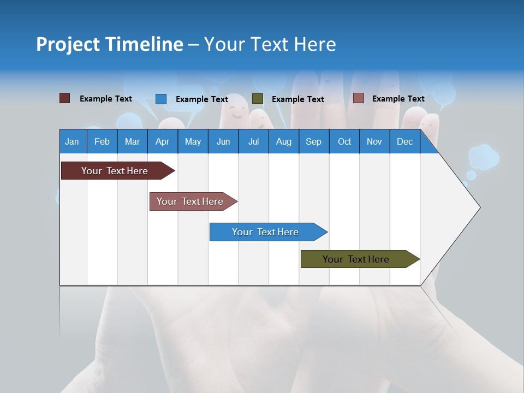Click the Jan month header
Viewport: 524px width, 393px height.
[x=73, y=141]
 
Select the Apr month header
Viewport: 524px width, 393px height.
[x=163, y=141]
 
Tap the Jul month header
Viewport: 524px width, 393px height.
[x=253, y=141]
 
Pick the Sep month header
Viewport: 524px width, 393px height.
[x=313, y=141]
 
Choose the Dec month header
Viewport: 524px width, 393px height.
[x=404, y=141]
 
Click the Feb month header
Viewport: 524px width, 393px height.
[x=102, y=141]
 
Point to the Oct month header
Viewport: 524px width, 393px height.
[x=344, y=141]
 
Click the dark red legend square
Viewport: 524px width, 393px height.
[x=64, y=98]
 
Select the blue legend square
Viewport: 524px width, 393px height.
[x=161, y=99]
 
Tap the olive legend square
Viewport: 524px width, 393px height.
[x=258, y=99]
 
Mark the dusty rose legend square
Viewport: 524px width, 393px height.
[x=358, y=98]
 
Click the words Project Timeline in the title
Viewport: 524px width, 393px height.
[x=110, y=44]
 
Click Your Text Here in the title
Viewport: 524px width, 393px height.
[x=270, y=44]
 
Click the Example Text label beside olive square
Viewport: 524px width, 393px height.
[x=297, y=99]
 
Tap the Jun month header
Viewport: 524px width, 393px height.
[x=223, y=141]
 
